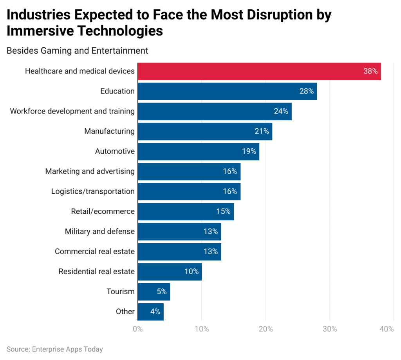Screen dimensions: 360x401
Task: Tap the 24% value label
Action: point(281,111)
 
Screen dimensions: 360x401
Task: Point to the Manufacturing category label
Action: point(109,131)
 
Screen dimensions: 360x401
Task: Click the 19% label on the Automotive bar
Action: point(249,151)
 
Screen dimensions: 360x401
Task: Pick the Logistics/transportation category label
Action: point(93,191)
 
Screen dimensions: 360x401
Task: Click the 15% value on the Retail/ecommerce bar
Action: point(223,211)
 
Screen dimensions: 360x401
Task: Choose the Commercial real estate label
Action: point(94,252)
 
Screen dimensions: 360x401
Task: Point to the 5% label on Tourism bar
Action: point(162,292)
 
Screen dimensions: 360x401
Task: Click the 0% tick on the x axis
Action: point(138,329)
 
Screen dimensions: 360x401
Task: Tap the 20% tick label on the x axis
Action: point(266,329)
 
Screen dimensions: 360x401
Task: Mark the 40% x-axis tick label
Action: point(386,329)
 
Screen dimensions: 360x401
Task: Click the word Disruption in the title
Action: point(257,15)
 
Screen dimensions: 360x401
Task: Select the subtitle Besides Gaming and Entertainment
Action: point(78,50)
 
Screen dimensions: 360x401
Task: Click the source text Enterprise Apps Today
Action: point(68,349)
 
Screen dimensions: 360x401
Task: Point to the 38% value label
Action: point(370,71)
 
